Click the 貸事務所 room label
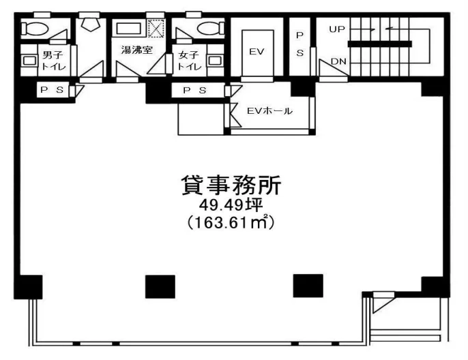tap(231, 185)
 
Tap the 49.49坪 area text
tap(231, 205)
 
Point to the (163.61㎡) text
tap(231, 222)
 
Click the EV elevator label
tap(257, 52)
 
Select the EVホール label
tap(270, 111)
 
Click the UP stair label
tap(337, 29)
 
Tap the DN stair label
tap(339, 61)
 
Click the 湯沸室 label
tap(136, 50)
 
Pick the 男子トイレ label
tap(53, 61)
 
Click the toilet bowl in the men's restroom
tap(35, 29)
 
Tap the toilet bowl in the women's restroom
tap(210, 29)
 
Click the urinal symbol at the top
tap(89, 23)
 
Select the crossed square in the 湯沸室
tap(157, 29)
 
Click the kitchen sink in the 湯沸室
tap(129, 29)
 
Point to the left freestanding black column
tap(160, 286)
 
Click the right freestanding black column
tap(308, 286)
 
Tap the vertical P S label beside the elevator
tap(300, 44)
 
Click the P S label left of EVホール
tap(194, 90)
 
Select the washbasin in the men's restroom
tap(29, 61)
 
